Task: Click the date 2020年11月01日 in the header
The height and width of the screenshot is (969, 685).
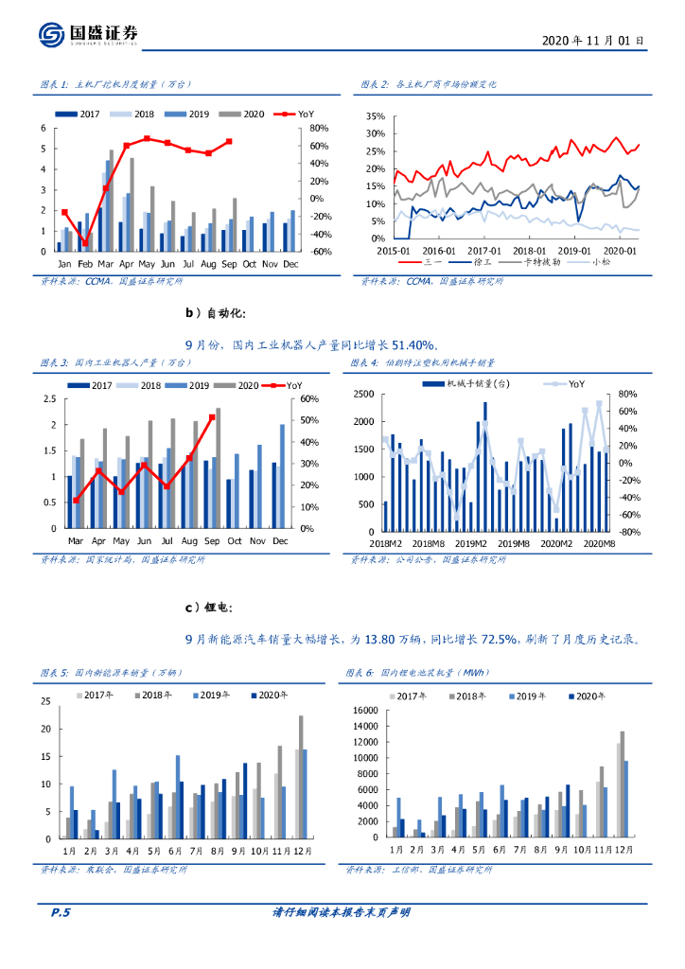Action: tap(593, 41)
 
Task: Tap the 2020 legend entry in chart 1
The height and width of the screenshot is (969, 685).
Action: tap(247, 114)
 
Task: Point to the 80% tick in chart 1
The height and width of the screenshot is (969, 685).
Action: tap(318, 129)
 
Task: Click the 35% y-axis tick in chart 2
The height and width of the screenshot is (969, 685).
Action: tap(375, 117)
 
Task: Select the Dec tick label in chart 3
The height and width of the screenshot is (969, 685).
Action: tap(279, 540)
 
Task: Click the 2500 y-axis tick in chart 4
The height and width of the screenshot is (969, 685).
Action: tap(365, 395)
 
